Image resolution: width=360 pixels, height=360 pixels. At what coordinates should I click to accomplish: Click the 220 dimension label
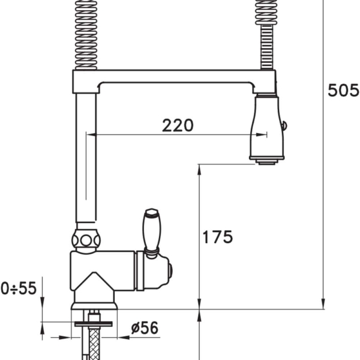coord(178,125)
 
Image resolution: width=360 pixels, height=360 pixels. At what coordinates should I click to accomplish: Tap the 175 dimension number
coord(218,237)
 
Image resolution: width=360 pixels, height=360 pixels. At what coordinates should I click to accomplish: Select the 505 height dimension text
coord(343,90)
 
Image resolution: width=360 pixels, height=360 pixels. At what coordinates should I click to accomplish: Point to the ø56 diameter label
coord(145,328)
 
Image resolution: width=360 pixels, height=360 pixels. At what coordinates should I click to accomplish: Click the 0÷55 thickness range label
coord(19,288)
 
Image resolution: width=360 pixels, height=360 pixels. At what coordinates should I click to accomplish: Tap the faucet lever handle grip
coord(152,231)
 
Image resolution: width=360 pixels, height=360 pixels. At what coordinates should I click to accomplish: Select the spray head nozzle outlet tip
coord(267,163)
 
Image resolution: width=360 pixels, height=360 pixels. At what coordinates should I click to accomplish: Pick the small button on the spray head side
coord(284,126)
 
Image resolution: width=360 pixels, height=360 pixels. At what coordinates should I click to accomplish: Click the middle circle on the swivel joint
coord(86,241)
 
